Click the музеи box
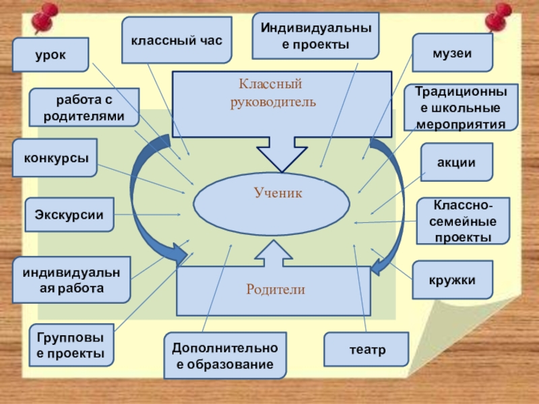(452, 53)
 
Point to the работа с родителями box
(84, 108)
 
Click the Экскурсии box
(69, 215)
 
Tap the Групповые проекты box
(71, 344)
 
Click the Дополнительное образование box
(224, 356)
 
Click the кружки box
(453, 279)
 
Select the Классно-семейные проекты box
(462, 221)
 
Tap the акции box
(457, 162)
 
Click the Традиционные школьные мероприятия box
(461, 107)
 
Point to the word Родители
(275, 290)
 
